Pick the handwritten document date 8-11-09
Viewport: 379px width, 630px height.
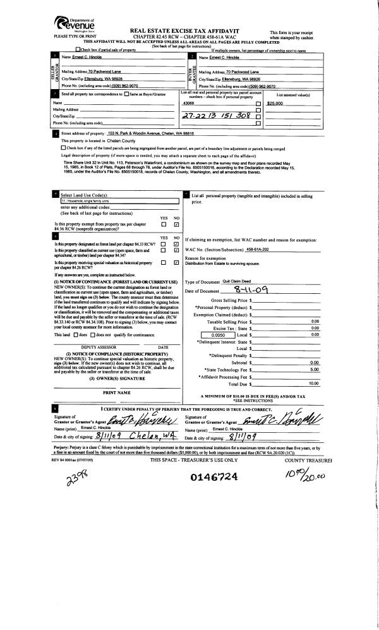(238, 291)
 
